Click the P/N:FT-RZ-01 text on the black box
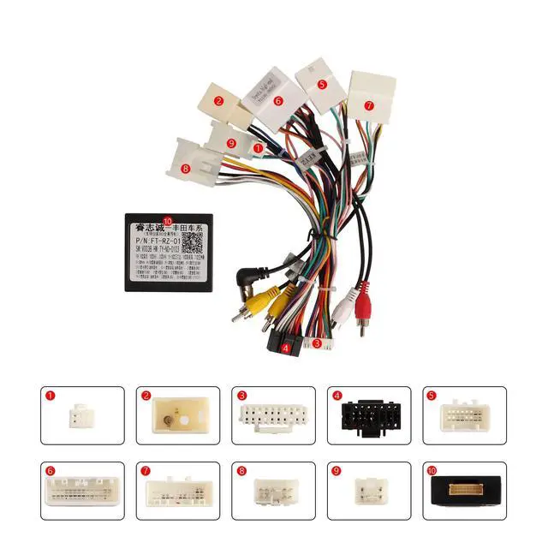(x=160, y=244)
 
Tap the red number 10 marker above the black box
(x=167, y=220)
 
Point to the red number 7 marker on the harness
(x=369, y=106)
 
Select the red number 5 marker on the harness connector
(x=321, y=84)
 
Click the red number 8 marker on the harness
(x=187, y=169)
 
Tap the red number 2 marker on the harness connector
(x=219, y=101)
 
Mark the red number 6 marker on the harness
(x=278, y=100)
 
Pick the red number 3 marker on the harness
(x=317, y=343)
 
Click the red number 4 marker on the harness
(x=285, y=348)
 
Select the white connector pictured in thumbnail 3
(x=272, y=417)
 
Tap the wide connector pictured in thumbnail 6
(x=84, y=491)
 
